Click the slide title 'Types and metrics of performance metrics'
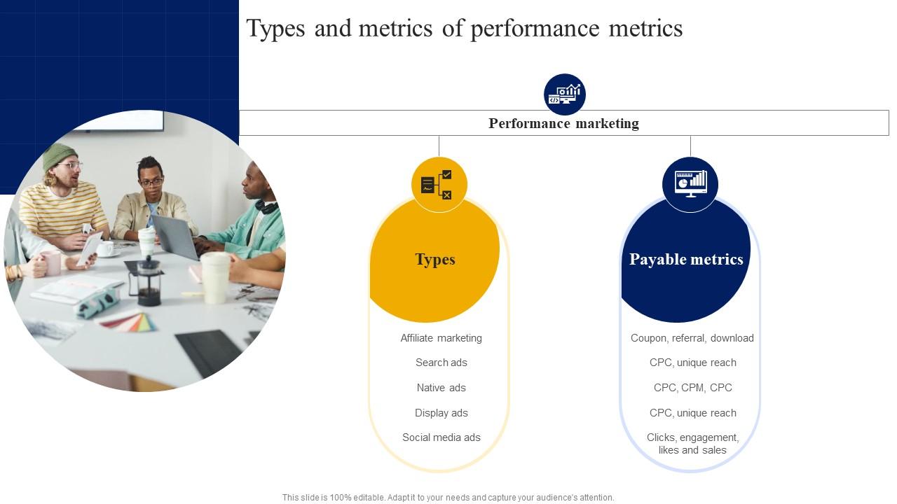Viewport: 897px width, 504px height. [464, 29]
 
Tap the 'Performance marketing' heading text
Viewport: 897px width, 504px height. [563, 123]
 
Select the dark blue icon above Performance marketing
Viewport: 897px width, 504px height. [565, 94]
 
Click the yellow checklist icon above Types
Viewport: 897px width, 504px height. [439, 184]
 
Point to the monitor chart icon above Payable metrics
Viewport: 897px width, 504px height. [690, 184]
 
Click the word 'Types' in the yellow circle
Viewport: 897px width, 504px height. [435, 259]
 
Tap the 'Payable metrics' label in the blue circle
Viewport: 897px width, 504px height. [686, 259]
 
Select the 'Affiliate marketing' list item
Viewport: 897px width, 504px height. [441, 338]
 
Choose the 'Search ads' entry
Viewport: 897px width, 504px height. [441, 363]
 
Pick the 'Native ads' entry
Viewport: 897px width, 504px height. [441, 388]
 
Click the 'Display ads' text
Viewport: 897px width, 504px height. [441, 413]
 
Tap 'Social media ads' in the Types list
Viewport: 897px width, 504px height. [441, 437]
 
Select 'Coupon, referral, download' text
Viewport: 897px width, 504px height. [692, 338]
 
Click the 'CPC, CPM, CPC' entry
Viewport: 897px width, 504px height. [693, 388]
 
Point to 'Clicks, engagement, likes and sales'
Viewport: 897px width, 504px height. [692, 444]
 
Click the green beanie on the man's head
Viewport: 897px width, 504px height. [60, 155]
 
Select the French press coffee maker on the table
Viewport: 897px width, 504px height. [147, 281]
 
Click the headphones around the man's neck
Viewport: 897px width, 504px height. [267, 206]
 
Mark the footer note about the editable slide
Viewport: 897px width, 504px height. [448, 497]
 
